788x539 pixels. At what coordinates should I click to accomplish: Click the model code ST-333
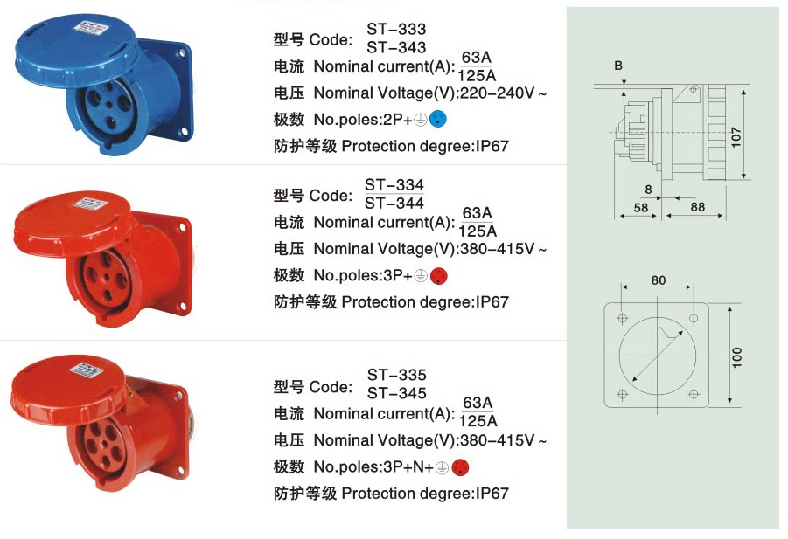pyautogui.click(x=396, y=30)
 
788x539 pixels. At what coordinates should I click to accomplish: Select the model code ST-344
pyautogui.click(x=394, y=204)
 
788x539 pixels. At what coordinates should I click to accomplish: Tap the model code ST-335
pyautogui.click(x=397, y=377)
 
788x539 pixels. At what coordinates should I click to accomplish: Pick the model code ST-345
pyautogui.click(x=397, y=394)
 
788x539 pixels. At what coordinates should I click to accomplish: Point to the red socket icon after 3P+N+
pyautogui.click(x=461, y=467)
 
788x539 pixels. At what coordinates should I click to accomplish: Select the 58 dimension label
pyautogui.click(x=640, y=207)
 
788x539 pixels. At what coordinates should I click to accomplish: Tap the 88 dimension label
pyautogui.click(x=697, y=207)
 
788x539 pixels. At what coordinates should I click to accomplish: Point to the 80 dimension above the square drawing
pyautogui.click(x=659, y=280)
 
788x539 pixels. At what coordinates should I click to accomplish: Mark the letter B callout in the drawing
pyautogui.click(x=617, y=66)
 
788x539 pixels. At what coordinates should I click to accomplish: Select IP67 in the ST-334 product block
pyautogui.click(x=492, y=302)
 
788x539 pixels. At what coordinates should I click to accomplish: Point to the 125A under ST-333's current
pyautogui.click(x=477, y=74)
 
